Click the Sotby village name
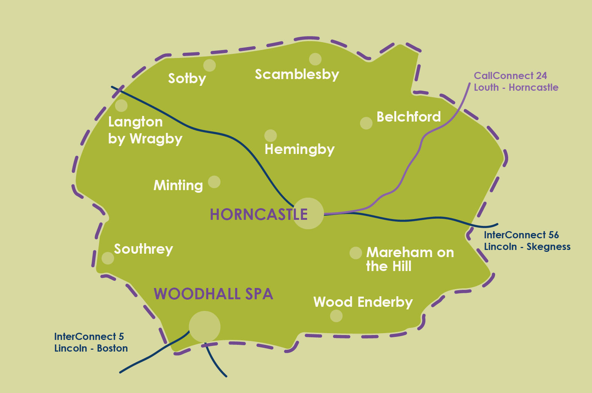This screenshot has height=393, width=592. pos(187,78)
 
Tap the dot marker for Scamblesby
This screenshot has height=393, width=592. pos(315,59)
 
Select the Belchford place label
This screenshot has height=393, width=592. pos(409,117)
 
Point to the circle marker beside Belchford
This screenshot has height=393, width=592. pos(366,123)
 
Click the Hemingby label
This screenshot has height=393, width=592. pos(299,149)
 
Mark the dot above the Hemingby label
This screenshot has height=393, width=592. pos(270,136)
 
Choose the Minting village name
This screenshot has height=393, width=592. pos(178,185)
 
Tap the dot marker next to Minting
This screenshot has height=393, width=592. pos(214,182)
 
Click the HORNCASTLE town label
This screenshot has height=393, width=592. pos(259,215)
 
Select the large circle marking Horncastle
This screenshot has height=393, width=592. pos(308,213)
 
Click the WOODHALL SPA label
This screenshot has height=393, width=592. pos(213,294)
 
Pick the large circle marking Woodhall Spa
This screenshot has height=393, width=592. pos(204,327)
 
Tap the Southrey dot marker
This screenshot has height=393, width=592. pos(108,258)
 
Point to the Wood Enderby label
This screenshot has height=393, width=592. pos(363,302)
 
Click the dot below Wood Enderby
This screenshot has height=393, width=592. pos(336,316)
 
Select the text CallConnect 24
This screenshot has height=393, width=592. pos(510,76)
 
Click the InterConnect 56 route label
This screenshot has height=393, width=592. pos(521,235)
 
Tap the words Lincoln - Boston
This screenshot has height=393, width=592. pos(91,348)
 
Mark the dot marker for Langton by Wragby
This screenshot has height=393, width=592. pos(121,106)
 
